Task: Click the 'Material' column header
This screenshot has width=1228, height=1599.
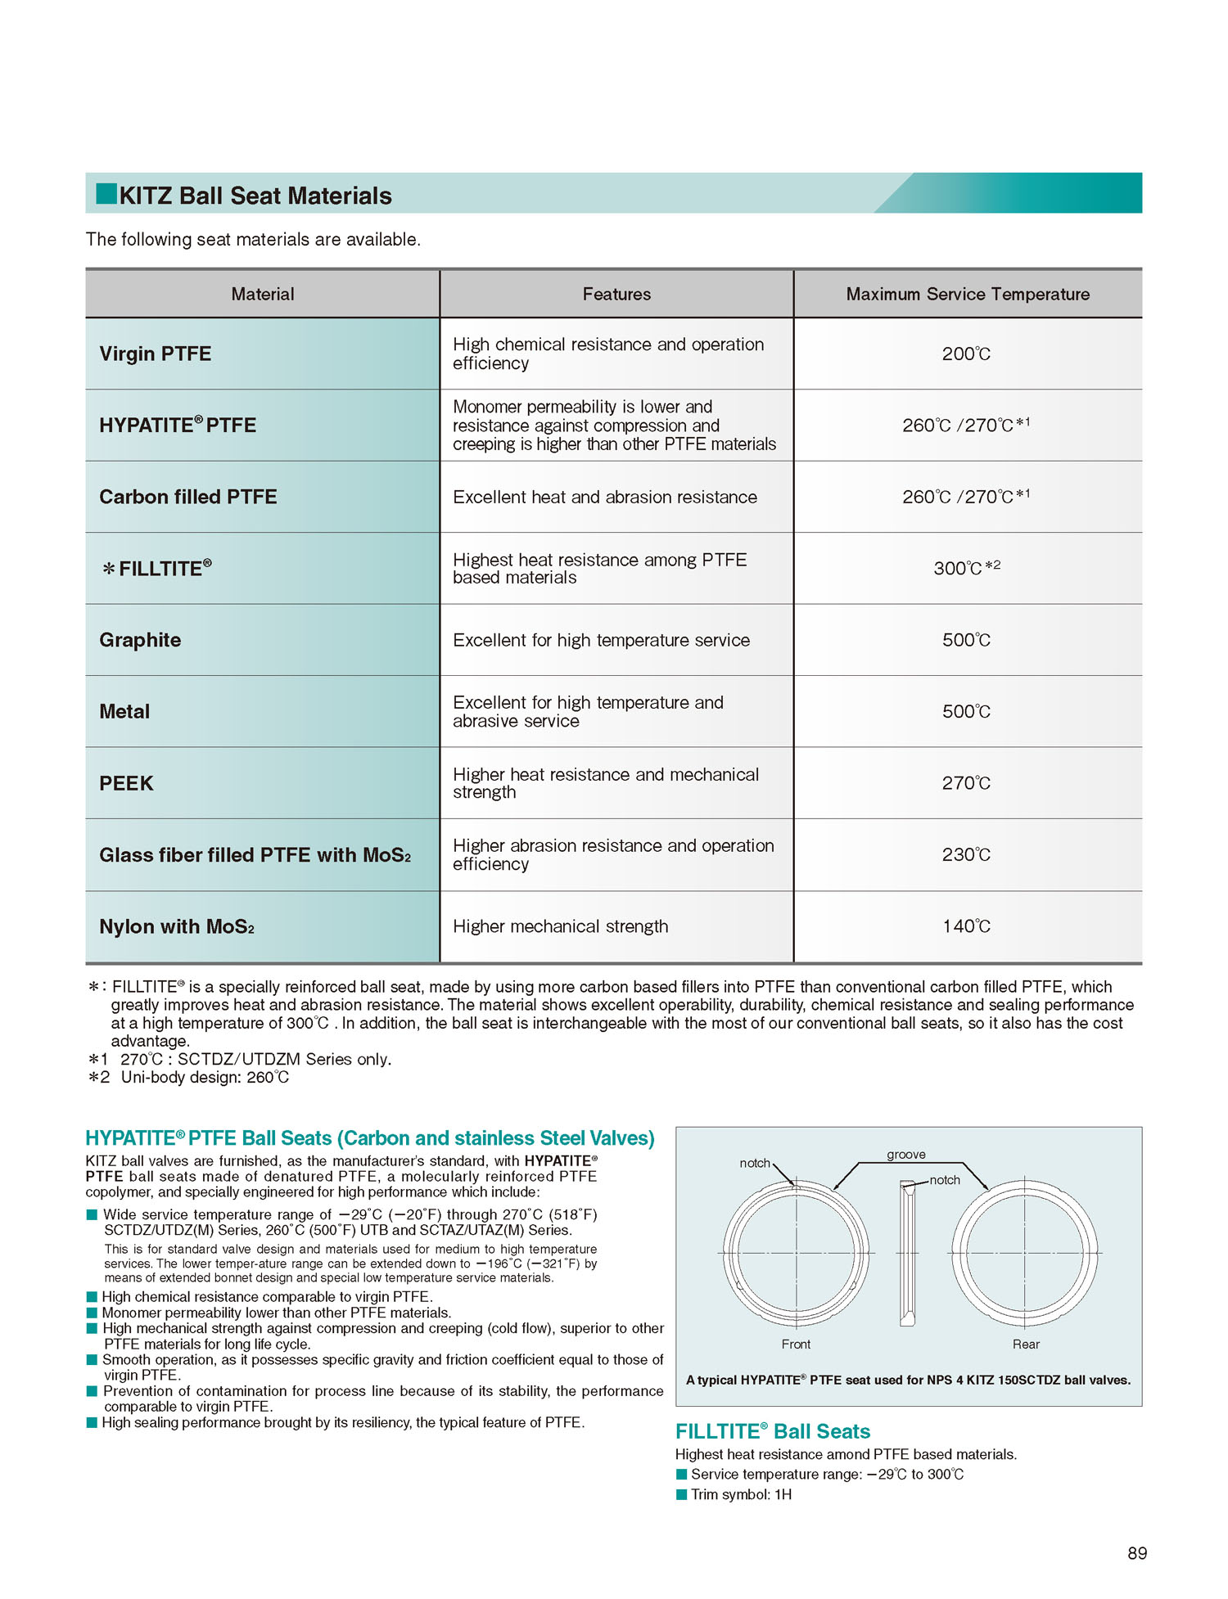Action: coord(262,294)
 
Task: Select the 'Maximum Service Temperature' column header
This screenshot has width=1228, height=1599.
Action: coord(968,294)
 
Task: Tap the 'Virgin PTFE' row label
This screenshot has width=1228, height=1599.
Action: coord(156,354)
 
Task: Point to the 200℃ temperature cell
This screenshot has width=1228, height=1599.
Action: coord(966,354)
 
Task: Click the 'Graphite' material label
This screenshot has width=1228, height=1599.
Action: coord(140,640)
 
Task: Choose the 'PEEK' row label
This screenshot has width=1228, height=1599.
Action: coord(126,783)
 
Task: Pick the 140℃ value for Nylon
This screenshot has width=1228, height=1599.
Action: coord(966,926)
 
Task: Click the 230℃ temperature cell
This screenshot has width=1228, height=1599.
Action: coord(966,854)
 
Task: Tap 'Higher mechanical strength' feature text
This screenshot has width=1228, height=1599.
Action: coord(561,926)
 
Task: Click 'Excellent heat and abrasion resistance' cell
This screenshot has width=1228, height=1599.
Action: coord(605,497)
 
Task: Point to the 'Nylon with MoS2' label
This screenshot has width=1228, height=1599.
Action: coord(177,926)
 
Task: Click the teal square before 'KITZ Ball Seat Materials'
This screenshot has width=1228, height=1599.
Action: coord(106,194)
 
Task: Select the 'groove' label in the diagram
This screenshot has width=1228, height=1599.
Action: coord(905,1155)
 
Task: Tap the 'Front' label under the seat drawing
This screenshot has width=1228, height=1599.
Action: coord(796,1345)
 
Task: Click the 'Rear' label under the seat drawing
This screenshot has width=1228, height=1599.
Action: coord(1026,1345)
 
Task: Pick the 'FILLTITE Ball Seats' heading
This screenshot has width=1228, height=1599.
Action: coord(772,1431)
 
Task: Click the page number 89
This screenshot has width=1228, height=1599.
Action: coord(1137,1553)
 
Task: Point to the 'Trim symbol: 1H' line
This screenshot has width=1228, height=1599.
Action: coord(741,1494)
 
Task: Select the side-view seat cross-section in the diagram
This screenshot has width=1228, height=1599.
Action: coord(907,1253)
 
